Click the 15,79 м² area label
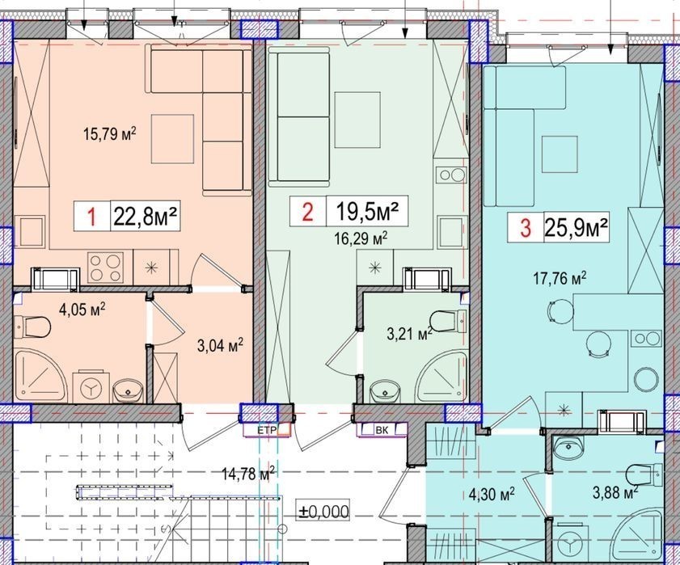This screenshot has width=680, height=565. point(110,133)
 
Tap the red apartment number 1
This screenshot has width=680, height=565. point(91,217)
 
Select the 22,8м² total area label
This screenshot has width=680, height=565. point(146,216)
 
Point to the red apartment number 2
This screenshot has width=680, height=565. point(307,213)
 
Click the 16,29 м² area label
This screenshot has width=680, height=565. point(361,238)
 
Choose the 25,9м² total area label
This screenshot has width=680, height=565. point(575,227)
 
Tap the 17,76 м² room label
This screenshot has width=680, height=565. point(560,278)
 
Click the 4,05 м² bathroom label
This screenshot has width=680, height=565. point(82,310)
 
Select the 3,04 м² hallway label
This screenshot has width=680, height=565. point(219,346)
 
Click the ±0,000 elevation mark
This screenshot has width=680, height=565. point(324,512)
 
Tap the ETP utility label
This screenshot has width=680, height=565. point(267,431)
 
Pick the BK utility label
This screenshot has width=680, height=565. point(382,430)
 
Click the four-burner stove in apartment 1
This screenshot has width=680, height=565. point(104,268)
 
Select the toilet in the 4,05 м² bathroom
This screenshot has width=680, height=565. point(32,327)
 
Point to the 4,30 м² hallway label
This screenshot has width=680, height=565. point(492,494)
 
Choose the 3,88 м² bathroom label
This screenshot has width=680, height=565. point(615,493)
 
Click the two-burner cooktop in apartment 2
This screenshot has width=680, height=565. point(452,175)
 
